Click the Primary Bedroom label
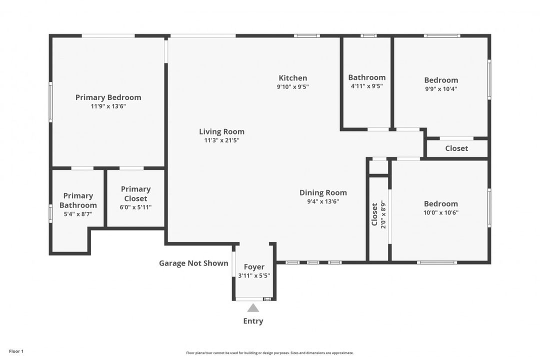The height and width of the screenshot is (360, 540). pyautogui.click(x=108, y=97)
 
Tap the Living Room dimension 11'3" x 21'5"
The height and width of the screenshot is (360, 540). pyautogui.click(x=221, y=140)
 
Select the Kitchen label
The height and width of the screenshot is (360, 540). pyautogui.click(x=292, y=78)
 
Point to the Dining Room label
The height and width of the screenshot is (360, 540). pyautogui.click(x=323, y=193)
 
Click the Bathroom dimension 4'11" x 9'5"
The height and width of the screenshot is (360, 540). pyautogui.click(x=366, y=86)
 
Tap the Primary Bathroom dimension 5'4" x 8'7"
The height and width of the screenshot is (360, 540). pyautogui.click(x=78, y=214)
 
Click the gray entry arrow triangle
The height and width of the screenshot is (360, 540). pyautogui.click(x=253, y=308)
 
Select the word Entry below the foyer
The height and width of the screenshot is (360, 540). pyautogui.click(x=253, y=321)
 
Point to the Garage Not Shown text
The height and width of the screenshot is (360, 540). pyautogui.click(x=193, y=263)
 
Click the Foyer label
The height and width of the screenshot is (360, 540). pyautogui.click(x=254, y=267)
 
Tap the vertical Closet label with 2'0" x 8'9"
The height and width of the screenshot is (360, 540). pyautogui.click(x=378, y=214)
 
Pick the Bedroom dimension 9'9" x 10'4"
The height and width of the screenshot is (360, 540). pyautogui.click(x=440, y=89)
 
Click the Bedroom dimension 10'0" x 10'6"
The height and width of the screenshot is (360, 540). pyautogui.click(x=440, y=212)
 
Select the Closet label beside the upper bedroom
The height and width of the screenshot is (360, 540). pyautogui.click(x=456, y=148)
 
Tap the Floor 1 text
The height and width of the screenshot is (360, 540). pyautogui.click(x=16, y=351)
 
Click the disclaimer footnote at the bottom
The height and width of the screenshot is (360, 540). pyautogui.click(x=269, y=353)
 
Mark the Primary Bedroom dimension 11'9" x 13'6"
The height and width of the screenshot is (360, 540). pyautogui.click(x=108, y=106)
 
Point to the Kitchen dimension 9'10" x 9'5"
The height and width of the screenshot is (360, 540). pyautogui.click(x=292, y=86)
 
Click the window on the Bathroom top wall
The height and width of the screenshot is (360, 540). pyautogui.click(x=368, y=35)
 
